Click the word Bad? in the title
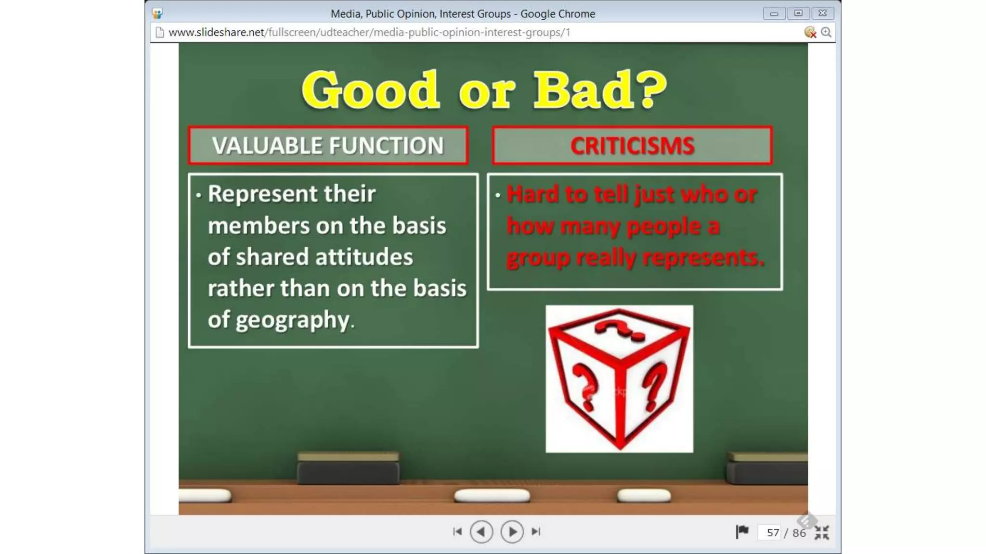600,90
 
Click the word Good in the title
370,90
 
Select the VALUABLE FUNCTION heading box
328,146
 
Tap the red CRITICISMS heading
632,146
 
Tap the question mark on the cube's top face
619,330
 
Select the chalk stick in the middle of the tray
492,495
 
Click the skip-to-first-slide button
457,531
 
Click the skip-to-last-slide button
536,531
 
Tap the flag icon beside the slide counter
742,531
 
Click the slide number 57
773,533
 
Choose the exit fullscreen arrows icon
822,532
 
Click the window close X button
822,13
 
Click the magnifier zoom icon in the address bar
826,32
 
